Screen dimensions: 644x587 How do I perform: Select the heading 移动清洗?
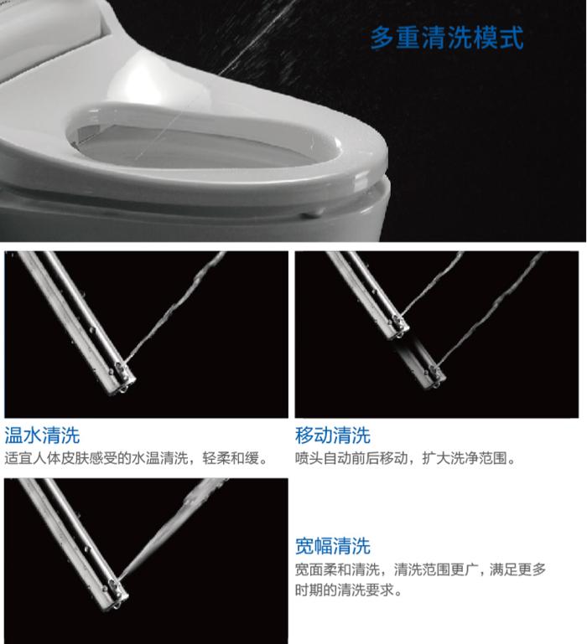(x=333, y=435)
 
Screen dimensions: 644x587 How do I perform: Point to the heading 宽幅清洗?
(x=333, y=547)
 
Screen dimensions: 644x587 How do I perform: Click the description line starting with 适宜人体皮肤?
(x=138, y=459)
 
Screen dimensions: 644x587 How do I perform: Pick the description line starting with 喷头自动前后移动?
(x=406, y=459)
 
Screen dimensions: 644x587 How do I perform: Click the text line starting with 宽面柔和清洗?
(x=420, y=569)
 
